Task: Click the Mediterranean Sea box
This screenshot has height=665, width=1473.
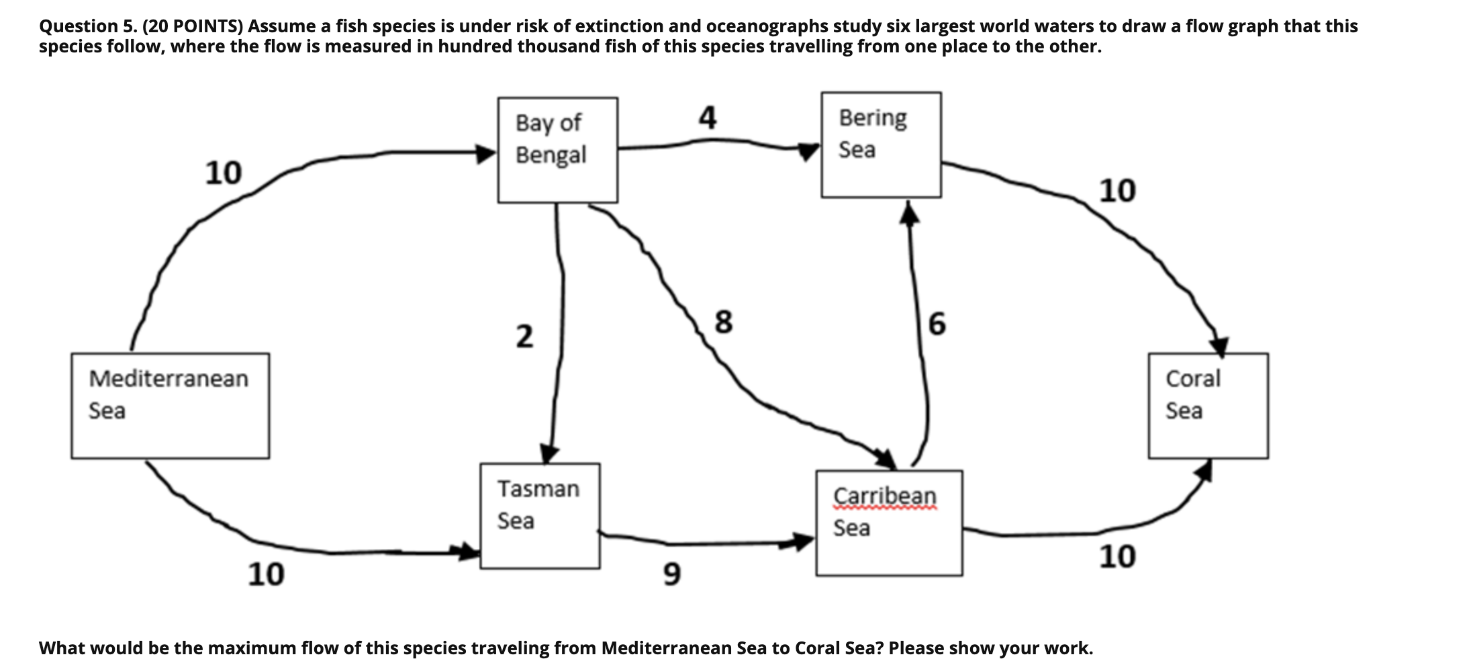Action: point(170,406)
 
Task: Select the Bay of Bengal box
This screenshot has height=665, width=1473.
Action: point(557,150)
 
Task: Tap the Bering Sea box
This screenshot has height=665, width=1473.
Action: point(881,145)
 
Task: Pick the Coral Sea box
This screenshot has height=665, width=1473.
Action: point(1208,406)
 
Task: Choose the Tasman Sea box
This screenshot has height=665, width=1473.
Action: point(540,515)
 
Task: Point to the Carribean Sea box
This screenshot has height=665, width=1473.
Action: point(889,523)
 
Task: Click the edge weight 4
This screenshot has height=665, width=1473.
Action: point(708,118)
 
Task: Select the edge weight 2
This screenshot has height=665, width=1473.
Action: point(524,336)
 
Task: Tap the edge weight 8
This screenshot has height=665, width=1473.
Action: point(723,322)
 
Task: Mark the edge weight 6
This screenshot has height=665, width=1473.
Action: point(937,324)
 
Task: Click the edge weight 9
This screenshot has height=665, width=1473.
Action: point(671,574)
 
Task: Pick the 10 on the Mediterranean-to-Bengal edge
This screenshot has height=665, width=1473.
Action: point(223,173)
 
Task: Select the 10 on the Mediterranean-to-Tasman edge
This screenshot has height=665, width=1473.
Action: point(266,574)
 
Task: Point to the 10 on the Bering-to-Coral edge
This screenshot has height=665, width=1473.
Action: point(1117,191)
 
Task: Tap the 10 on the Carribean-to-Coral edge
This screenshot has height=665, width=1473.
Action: point(1117,557)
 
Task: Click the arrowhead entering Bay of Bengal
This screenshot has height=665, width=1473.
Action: point(486,153)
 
